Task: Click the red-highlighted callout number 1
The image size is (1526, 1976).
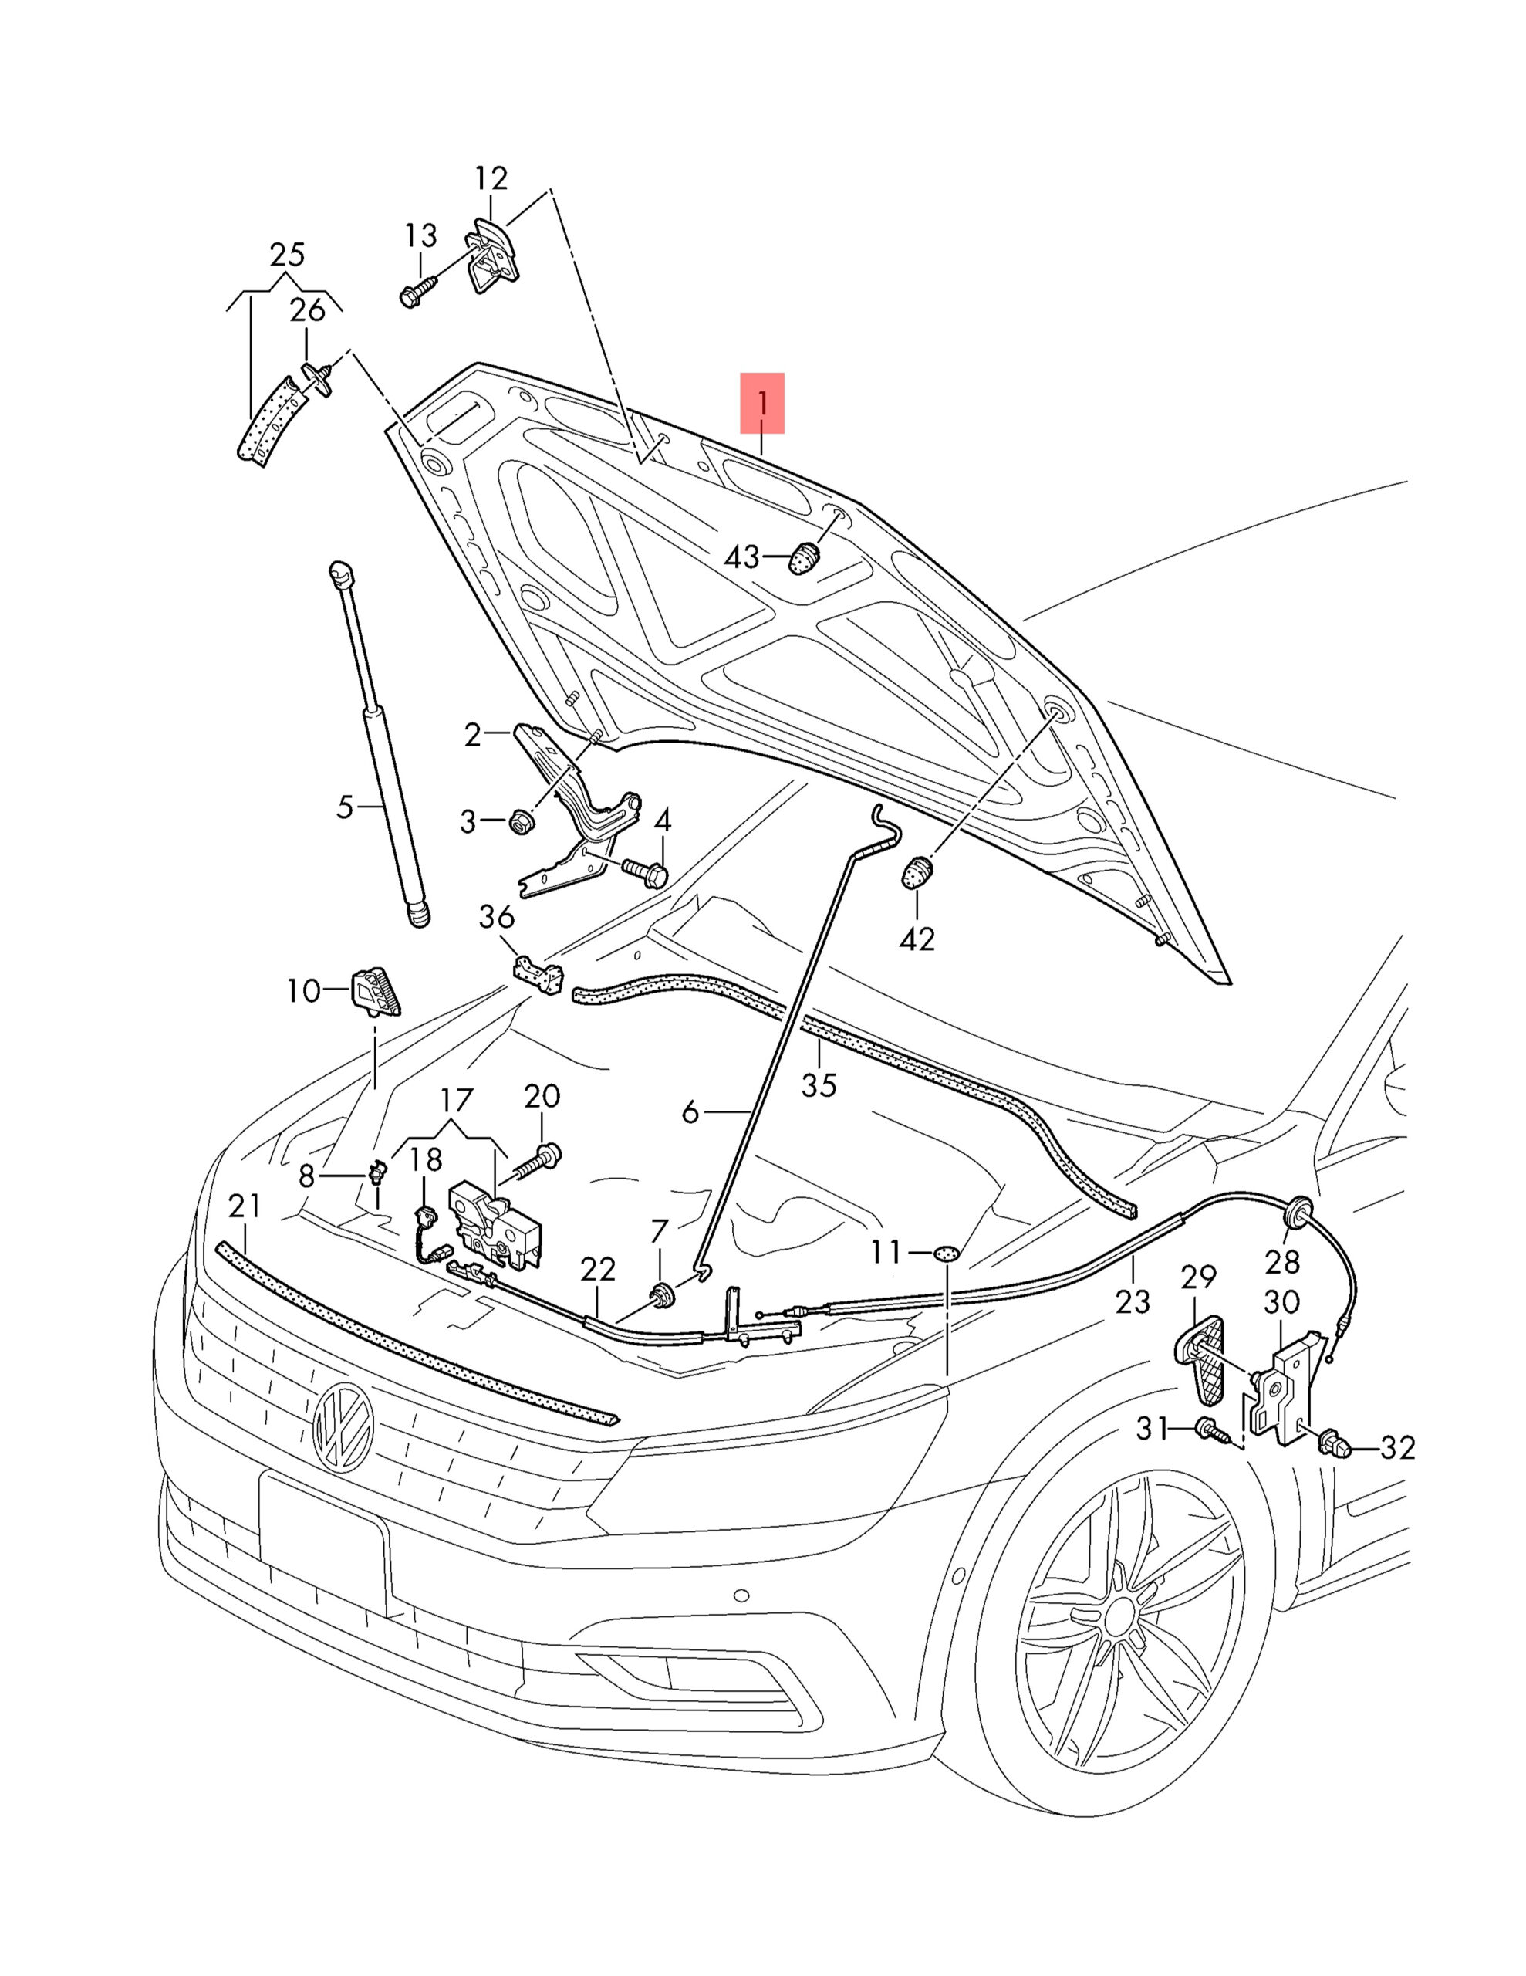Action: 761,404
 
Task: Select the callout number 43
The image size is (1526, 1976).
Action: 741,557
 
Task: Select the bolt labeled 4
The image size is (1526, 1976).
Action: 646,873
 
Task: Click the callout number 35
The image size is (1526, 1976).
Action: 819,1084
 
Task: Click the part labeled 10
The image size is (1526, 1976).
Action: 377,991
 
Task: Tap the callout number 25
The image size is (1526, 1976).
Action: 287,254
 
